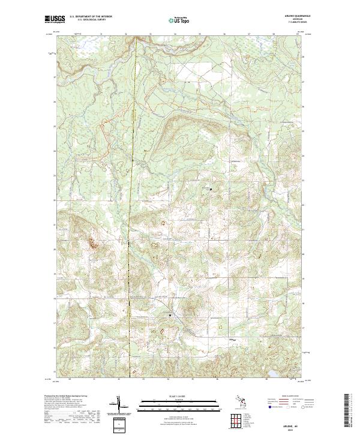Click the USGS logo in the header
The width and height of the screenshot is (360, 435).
point(54,20)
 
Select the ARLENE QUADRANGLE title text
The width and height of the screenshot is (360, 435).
point(295,16)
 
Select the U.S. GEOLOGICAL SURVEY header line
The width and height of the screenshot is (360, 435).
point(91,20)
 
